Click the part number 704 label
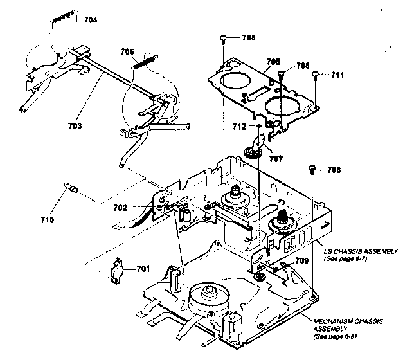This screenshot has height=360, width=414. click(x=91, y=20)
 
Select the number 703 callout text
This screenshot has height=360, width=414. click(x=75, y=127)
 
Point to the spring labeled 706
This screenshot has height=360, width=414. click(x=146, y=63)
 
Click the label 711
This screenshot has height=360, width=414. click(x=337, y=75)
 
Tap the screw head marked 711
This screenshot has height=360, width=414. click(x=316, y=75)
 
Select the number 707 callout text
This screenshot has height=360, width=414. click(x=276, y=157)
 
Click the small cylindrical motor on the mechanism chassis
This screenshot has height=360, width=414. click(x=230, y=322)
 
